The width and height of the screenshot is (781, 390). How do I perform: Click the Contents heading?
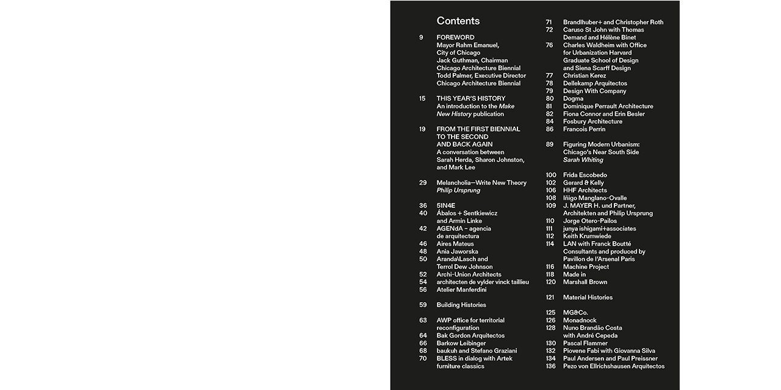(458, 21)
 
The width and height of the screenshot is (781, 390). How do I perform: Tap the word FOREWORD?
(455, 38)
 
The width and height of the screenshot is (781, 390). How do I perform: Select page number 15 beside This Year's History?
(422, 99)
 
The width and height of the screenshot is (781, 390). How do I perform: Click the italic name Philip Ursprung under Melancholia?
(458, 190)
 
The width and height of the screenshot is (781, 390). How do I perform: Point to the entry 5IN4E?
(446, 206)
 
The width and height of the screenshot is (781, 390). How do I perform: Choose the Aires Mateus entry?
(455, 244)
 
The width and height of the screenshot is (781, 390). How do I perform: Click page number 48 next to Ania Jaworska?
(423, 252)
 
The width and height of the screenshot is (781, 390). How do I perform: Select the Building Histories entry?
(461, 305)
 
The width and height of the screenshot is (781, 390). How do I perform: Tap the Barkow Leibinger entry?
(461, 343)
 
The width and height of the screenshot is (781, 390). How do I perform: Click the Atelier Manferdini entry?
(461, 289)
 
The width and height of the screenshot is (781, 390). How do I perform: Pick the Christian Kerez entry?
(584, 76)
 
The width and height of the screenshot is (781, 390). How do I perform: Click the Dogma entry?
(573, 99)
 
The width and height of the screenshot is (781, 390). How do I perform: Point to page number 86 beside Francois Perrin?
(550, 129)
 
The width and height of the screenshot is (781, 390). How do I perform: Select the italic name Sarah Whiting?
(583, 160)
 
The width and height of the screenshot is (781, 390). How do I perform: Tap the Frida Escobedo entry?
(585, 175)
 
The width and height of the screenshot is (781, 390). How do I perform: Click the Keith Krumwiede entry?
(587, 236)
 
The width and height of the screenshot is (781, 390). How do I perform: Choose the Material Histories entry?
(588, 297)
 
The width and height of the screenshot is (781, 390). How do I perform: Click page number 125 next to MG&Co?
(550, 313)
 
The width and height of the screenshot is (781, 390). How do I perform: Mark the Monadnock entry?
(580, 320)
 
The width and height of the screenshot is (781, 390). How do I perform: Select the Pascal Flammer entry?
(585, 343)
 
